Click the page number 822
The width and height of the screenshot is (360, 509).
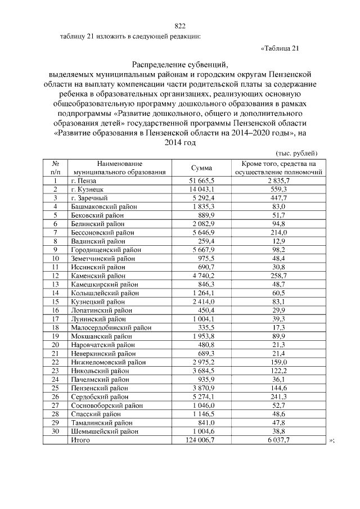tap(180, 26)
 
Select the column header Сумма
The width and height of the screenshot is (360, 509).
tap(201, 168)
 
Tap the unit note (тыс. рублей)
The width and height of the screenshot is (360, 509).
tap(298, 153)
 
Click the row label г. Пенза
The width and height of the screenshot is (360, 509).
tap(84, 181)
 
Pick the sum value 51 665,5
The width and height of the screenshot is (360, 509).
tap(201, 181)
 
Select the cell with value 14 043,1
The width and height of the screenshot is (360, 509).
tap(201, 189)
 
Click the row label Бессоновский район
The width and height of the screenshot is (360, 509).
tap(102, 232)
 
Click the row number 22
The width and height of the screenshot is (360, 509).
tap(56, 362)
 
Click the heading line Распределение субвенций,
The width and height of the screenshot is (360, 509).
tap(180, 64)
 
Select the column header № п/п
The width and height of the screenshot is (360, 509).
tap(56, 168)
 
